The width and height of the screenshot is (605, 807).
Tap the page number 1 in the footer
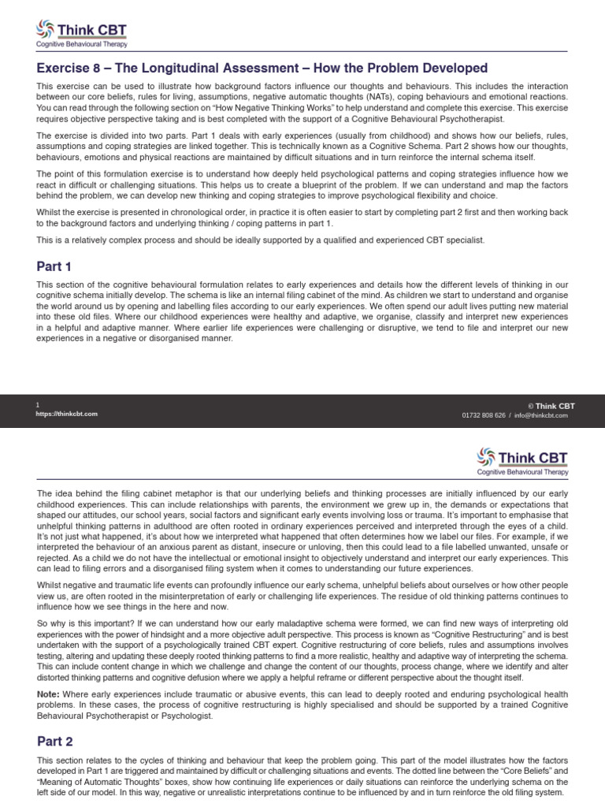[x=38, y=405]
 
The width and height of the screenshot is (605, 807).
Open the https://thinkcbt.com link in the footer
[x=67, y=414]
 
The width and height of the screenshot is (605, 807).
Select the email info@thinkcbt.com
[x=540, y=415]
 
